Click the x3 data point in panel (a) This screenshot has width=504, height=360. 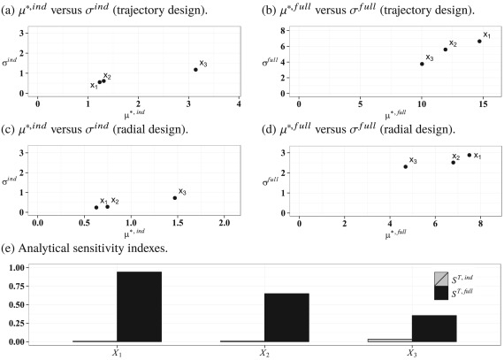[x=195, y=69]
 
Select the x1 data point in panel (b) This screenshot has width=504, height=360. [x=479, y=41]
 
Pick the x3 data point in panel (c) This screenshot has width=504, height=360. [x=175, y=197]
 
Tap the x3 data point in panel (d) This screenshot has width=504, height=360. [x=405, y=166]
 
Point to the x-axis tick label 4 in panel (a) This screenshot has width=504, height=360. [x=240, y=104]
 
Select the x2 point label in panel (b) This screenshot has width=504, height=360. [x=453, y=43]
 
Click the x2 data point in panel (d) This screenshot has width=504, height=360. [x=453, y=162]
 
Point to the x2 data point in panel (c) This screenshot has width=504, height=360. [x=108, y=206]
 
